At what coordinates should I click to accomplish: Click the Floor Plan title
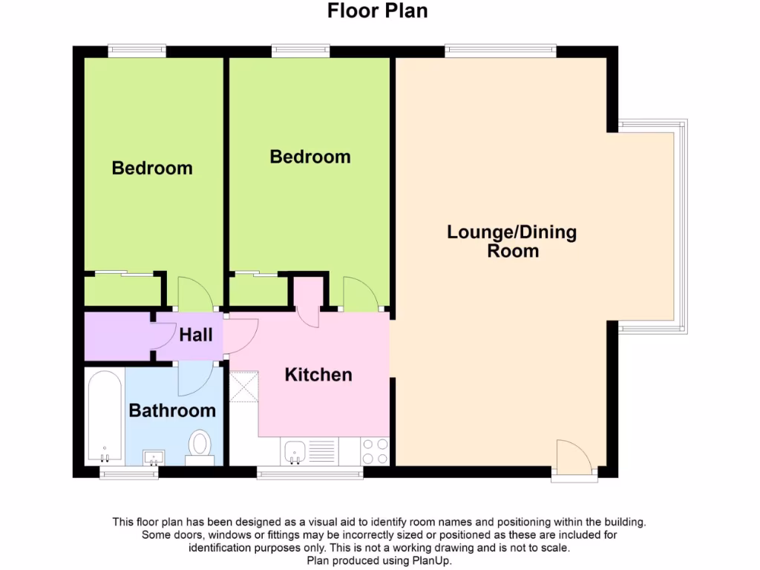(377, 11)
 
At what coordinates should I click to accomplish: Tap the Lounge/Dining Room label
(512, 241)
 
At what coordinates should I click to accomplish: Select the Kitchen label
(318, 375)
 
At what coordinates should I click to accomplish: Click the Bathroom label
(172, 410)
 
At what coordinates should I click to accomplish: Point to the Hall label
(196, 335)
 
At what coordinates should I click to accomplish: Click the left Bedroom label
(152, 168)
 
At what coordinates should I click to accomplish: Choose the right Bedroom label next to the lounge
(310, 157)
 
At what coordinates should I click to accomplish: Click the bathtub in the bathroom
(105, 416)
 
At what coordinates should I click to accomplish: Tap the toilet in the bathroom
(199, 446)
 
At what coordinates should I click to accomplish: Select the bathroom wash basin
(154, 456)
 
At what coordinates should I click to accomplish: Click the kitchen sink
(295, 451)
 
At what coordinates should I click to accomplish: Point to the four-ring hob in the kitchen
(374, 451)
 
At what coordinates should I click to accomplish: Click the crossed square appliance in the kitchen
(243, 387)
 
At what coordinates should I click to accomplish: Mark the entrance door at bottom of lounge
(574, 457)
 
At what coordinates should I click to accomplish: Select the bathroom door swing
(194, 379)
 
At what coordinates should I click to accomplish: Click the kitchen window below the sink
(309, 473)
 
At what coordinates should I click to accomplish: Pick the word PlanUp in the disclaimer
(430, 561)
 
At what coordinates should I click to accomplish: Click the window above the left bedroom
(137, 50)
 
